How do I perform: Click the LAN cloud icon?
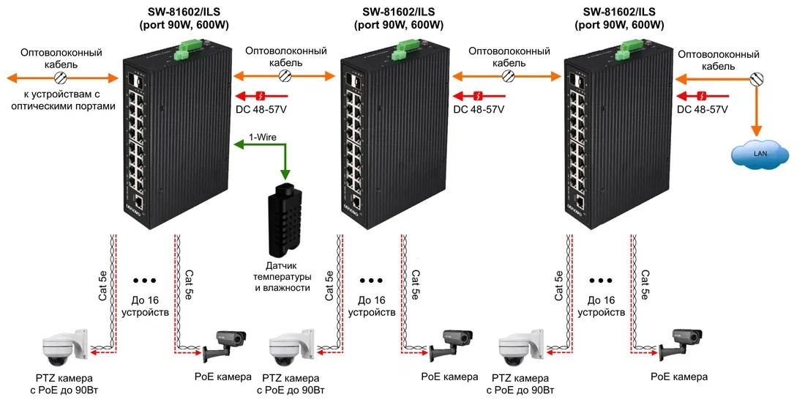(x=760, y=153)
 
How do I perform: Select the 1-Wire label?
(x=262, y=137)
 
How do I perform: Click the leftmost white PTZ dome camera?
(x=65, y=343)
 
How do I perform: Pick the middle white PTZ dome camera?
(x=291, y=343)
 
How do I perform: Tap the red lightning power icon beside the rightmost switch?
(x=703, y=95)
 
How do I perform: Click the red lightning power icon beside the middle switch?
(x=479, y=95)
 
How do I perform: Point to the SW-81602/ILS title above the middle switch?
(x=398, y=12)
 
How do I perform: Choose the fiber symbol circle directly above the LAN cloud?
(x=756, y=79)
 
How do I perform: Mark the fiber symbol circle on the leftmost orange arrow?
(x=61, y=78)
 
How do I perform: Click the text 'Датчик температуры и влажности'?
(x=282, y=276)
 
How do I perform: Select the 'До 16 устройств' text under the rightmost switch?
(x=601, y=305)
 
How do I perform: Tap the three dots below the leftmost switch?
(x=144, y=281)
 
